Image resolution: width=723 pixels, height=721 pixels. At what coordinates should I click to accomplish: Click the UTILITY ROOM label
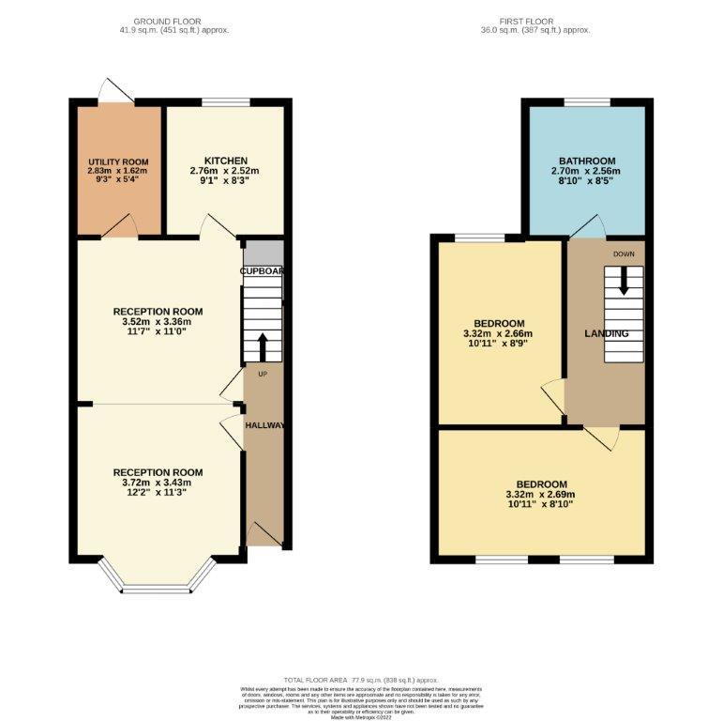(118, 161)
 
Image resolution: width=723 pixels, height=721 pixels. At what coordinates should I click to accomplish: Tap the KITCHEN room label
(225, 161)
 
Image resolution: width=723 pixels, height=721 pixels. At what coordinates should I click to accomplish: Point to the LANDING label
(607, 333)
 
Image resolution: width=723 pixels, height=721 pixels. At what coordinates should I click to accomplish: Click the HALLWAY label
(264, 425)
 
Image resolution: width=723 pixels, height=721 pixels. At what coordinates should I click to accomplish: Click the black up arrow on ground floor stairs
(263, 345)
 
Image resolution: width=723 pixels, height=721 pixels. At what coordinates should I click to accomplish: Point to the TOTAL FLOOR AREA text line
(361, 678)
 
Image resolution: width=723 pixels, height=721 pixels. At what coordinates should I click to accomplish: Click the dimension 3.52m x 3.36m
(158, 322)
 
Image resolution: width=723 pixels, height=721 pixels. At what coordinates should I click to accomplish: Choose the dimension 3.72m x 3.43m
(158, 483)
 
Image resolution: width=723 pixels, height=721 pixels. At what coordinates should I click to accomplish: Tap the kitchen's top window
(222, 102)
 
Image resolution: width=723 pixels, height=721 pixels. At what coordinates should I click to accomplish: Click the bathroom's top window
(587, 102)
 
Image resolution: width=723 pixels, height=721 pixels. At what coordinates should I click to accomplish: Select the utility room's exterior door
(116, 91)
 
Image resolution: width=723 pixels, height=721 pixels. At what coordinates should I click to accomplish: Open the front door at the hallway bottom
(264, 537)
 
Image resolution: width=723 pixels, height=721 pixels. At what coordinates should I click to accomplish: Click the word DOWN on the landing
(625, 254)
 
